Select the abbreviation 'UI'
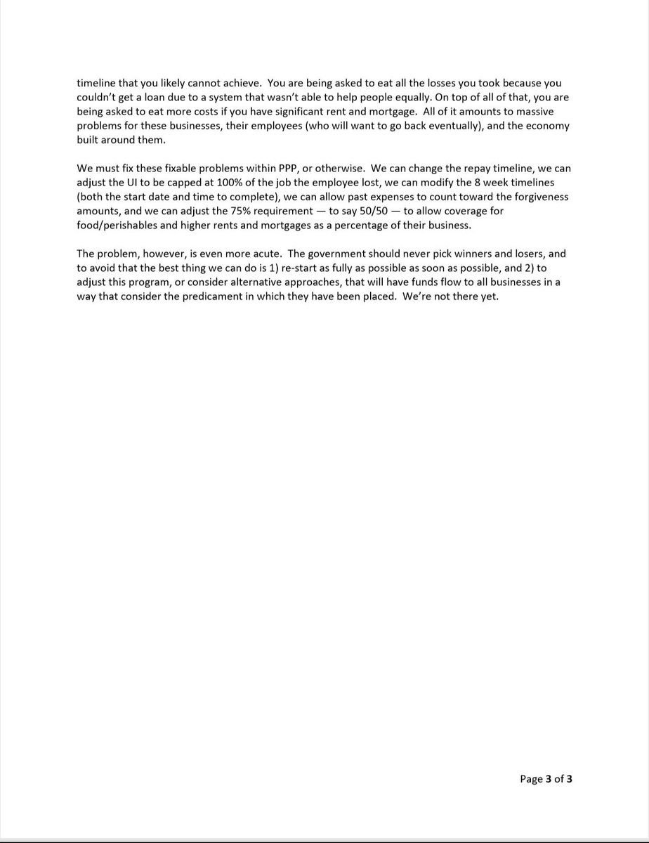pos(134,183)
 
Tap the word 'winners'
pos(477,254)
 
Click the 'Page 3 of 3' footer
pos(546,778)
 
